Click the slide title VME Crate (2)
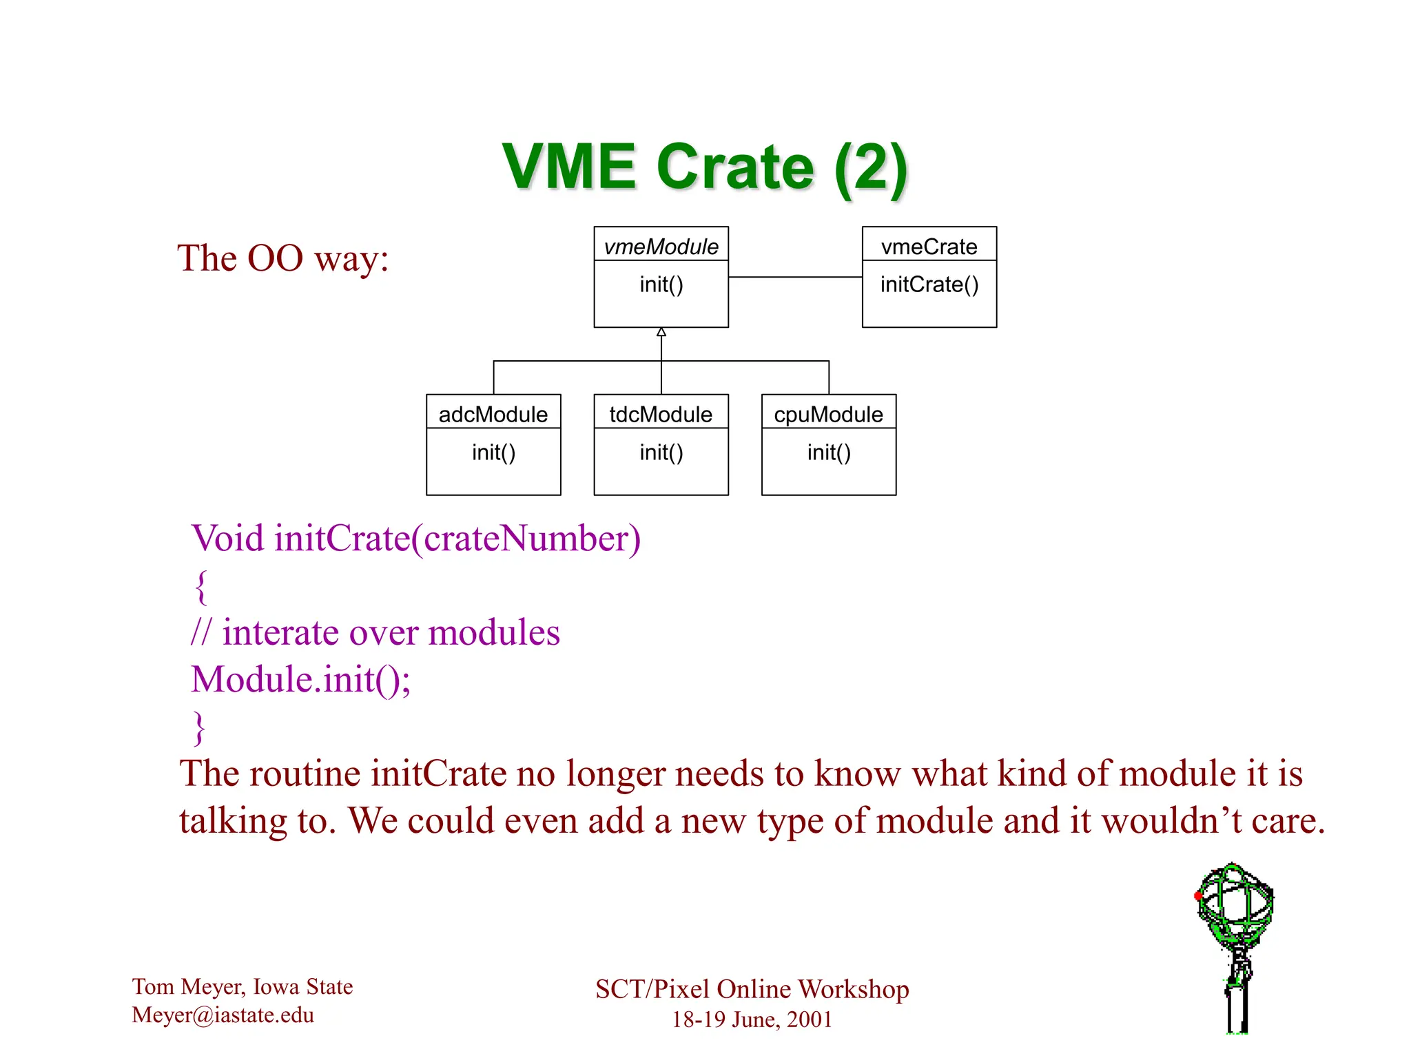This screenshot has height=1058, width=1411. (704, 167)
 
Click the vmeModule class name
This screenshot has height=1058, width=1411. (661, 247)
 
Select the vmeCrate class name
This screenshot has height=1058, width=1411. (929, 247)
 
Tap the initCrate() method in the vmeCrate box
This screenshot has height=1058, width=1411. (929, 284)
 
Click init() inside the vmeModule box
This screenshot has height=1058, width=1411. (661, 284)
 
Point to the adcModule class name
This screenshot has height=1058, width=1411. (493, 415)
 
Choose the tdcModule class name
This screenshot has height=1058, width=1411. (661, 415)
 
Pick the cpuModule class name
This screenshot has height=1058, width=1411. (828, 415)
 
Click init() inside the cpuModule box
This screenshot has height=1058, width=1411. (829, 453)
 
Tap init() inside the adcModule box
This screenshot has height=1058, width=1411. (493, 453)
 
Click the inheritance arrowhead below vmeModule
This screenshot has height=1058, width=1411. (661, 333)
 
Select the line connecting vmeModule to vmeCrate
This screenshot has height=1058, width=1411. (795, 277)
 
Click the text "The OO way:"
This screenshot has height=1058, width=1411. (283, 258)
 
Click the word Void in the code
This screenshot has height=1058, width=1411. (227, 539)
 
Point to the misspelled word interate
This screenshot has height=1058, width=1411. (281, 632)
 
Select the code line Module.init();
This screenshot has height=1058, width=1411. (301, 680)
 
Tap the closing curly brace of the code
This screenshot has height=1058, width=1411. (199, 728)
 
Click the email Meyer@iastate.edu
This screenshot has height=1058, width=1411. (223, 1015)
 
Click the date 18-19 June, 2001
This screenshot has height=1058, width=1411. (752, 1019)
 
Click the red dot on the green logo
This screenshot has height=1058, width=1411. (1199, 895)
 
